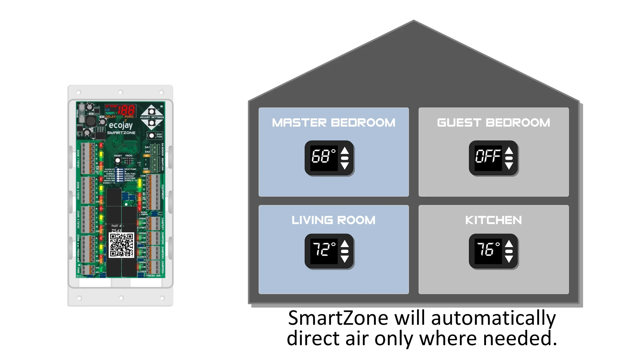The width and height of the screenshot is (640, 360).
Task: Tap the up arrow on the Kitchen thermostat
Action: (x=509, y=244)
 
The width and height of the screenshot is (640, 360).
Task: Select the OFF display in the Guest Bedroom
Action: (x=488, y=156)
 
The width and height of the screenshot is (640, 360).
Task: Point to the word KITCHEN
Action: (x=493, y=220)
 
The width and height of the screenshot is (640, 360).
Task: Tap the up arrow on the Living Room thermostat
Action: (x=345, y=244)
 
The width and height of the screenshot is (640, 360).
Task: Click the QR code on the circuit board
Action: (x=121, y=245)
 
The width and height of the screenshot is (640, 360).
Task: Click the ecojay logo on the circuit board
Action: (x=121, y=125)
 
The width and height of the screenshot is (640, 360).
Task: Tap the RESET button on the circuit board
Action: (x=117, y=161)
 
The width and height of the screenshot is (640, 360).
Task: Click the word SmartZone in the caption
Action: (x=338, y=318)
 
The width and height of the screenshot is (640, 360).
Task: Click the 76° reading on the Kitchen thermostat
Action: (x=488, y=249)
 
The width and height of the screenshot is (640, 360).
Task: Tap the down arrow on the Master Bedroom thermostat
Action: (x=345, y=166)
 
